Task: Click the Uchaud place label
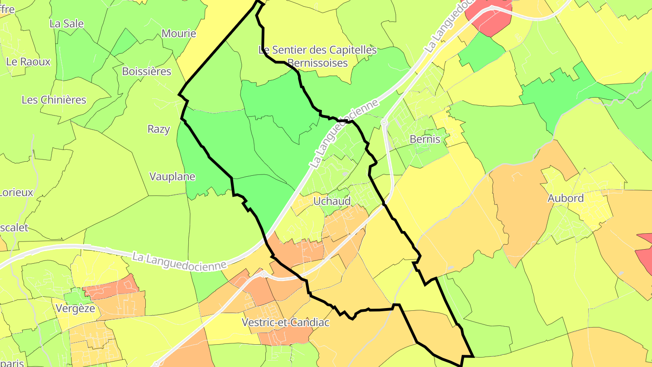tap(332, 201)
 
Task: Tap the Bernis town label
tap(425, 139)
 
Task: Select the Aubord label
tap(566, 198)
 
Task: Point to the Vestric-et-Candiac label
tap(286, 323)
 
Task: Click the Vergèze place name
tap(76, 309)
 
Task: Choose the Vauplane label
tap(172, 177)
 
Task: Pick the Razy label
tap(159, 129)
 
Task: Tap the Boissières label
tap(147, 71)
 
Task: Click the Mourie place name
tap(179, 34)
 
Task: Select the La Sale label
tap(67, 24)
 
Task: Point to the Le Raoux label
tap(29, 61)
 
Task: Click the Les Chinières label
tap(54, 100)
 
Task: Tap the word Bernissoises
tap(317, 63)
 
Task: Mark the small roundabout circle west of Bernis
tap(384, 122)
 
